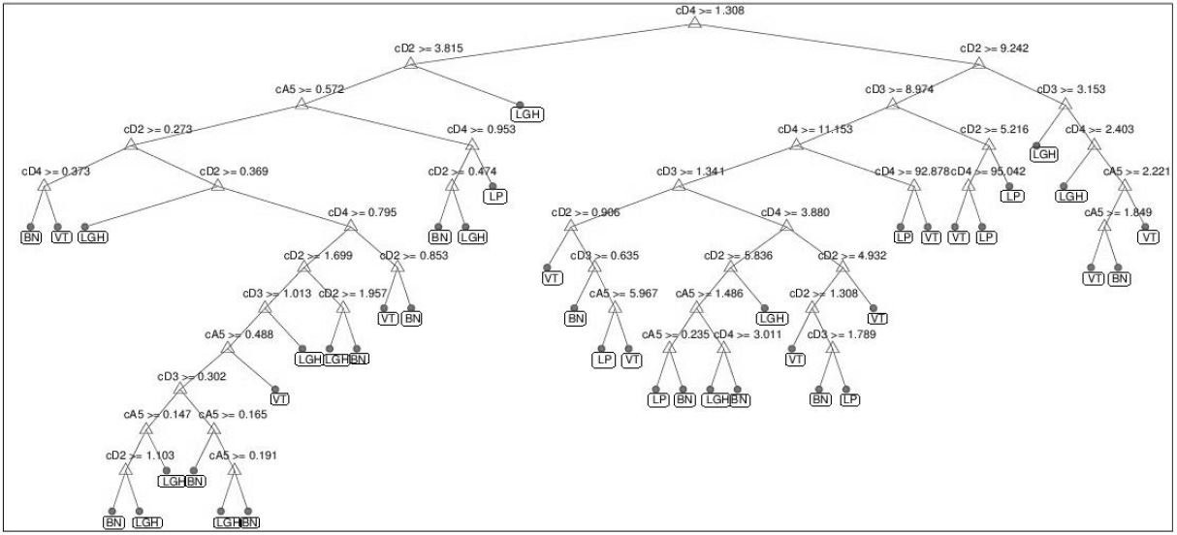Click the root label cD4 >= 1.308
tap(695, 11)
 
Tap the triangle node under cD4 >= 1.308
tap(695, 24)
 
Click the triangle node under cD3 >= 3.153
tap(1066, 103)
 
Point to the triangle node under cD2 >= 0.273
tap(131, 144)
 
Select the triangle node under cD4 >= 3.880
tap(796, 228)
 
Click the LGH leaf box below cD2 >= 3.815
tap(529, 114)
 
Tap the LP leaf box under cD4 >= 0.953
tap(495, 196)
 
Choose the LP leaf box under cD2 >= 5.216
tap(1013, 196)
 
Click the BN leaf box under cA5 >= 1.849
tap(1120, 278)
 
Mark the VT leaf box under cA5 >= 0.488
tap(281, 398)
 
